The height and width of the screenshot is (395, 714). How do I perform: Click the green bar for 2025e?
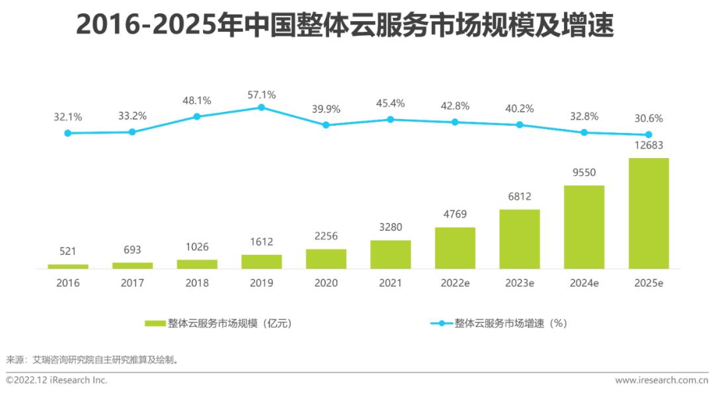[649, 213]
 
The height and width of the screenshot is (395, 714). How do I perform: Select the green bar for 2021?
[390, 254]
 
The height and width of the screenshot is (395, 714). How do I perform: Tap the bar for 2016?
[67, 266]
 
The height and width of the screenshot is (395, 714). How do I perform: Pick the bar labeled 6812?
[519, 239]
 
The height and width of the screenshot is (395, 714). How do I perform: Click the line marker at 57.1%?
[261, 107]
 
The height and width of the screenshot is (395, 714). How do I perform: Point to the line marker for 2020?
[325, 124]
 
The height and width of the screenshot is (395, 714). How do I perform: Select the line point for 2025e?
[649, 134]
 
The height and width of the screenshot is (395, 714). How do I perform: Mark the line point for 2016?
[67, 133]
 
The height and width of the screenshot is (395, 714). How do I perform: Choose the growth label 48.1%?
[196, 101]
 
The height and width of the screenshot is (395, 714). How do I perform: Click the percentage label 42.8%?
[455, 106]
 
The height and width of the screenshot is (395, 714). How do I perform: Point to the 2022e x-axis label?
[455, 283]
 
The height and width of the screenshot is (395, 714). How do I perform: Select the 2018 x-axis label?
[196, 283]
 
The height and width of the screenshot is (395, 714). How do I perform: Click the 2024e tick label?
[584, 283]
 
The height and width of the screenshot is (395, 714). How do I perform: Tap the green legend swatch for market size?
[155, 324]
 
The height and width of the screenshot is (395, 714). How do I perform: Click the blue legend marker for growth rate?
[441, 324]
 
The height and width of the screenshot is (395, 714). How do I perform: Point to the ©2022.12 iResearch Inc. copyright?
[57, 380]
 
